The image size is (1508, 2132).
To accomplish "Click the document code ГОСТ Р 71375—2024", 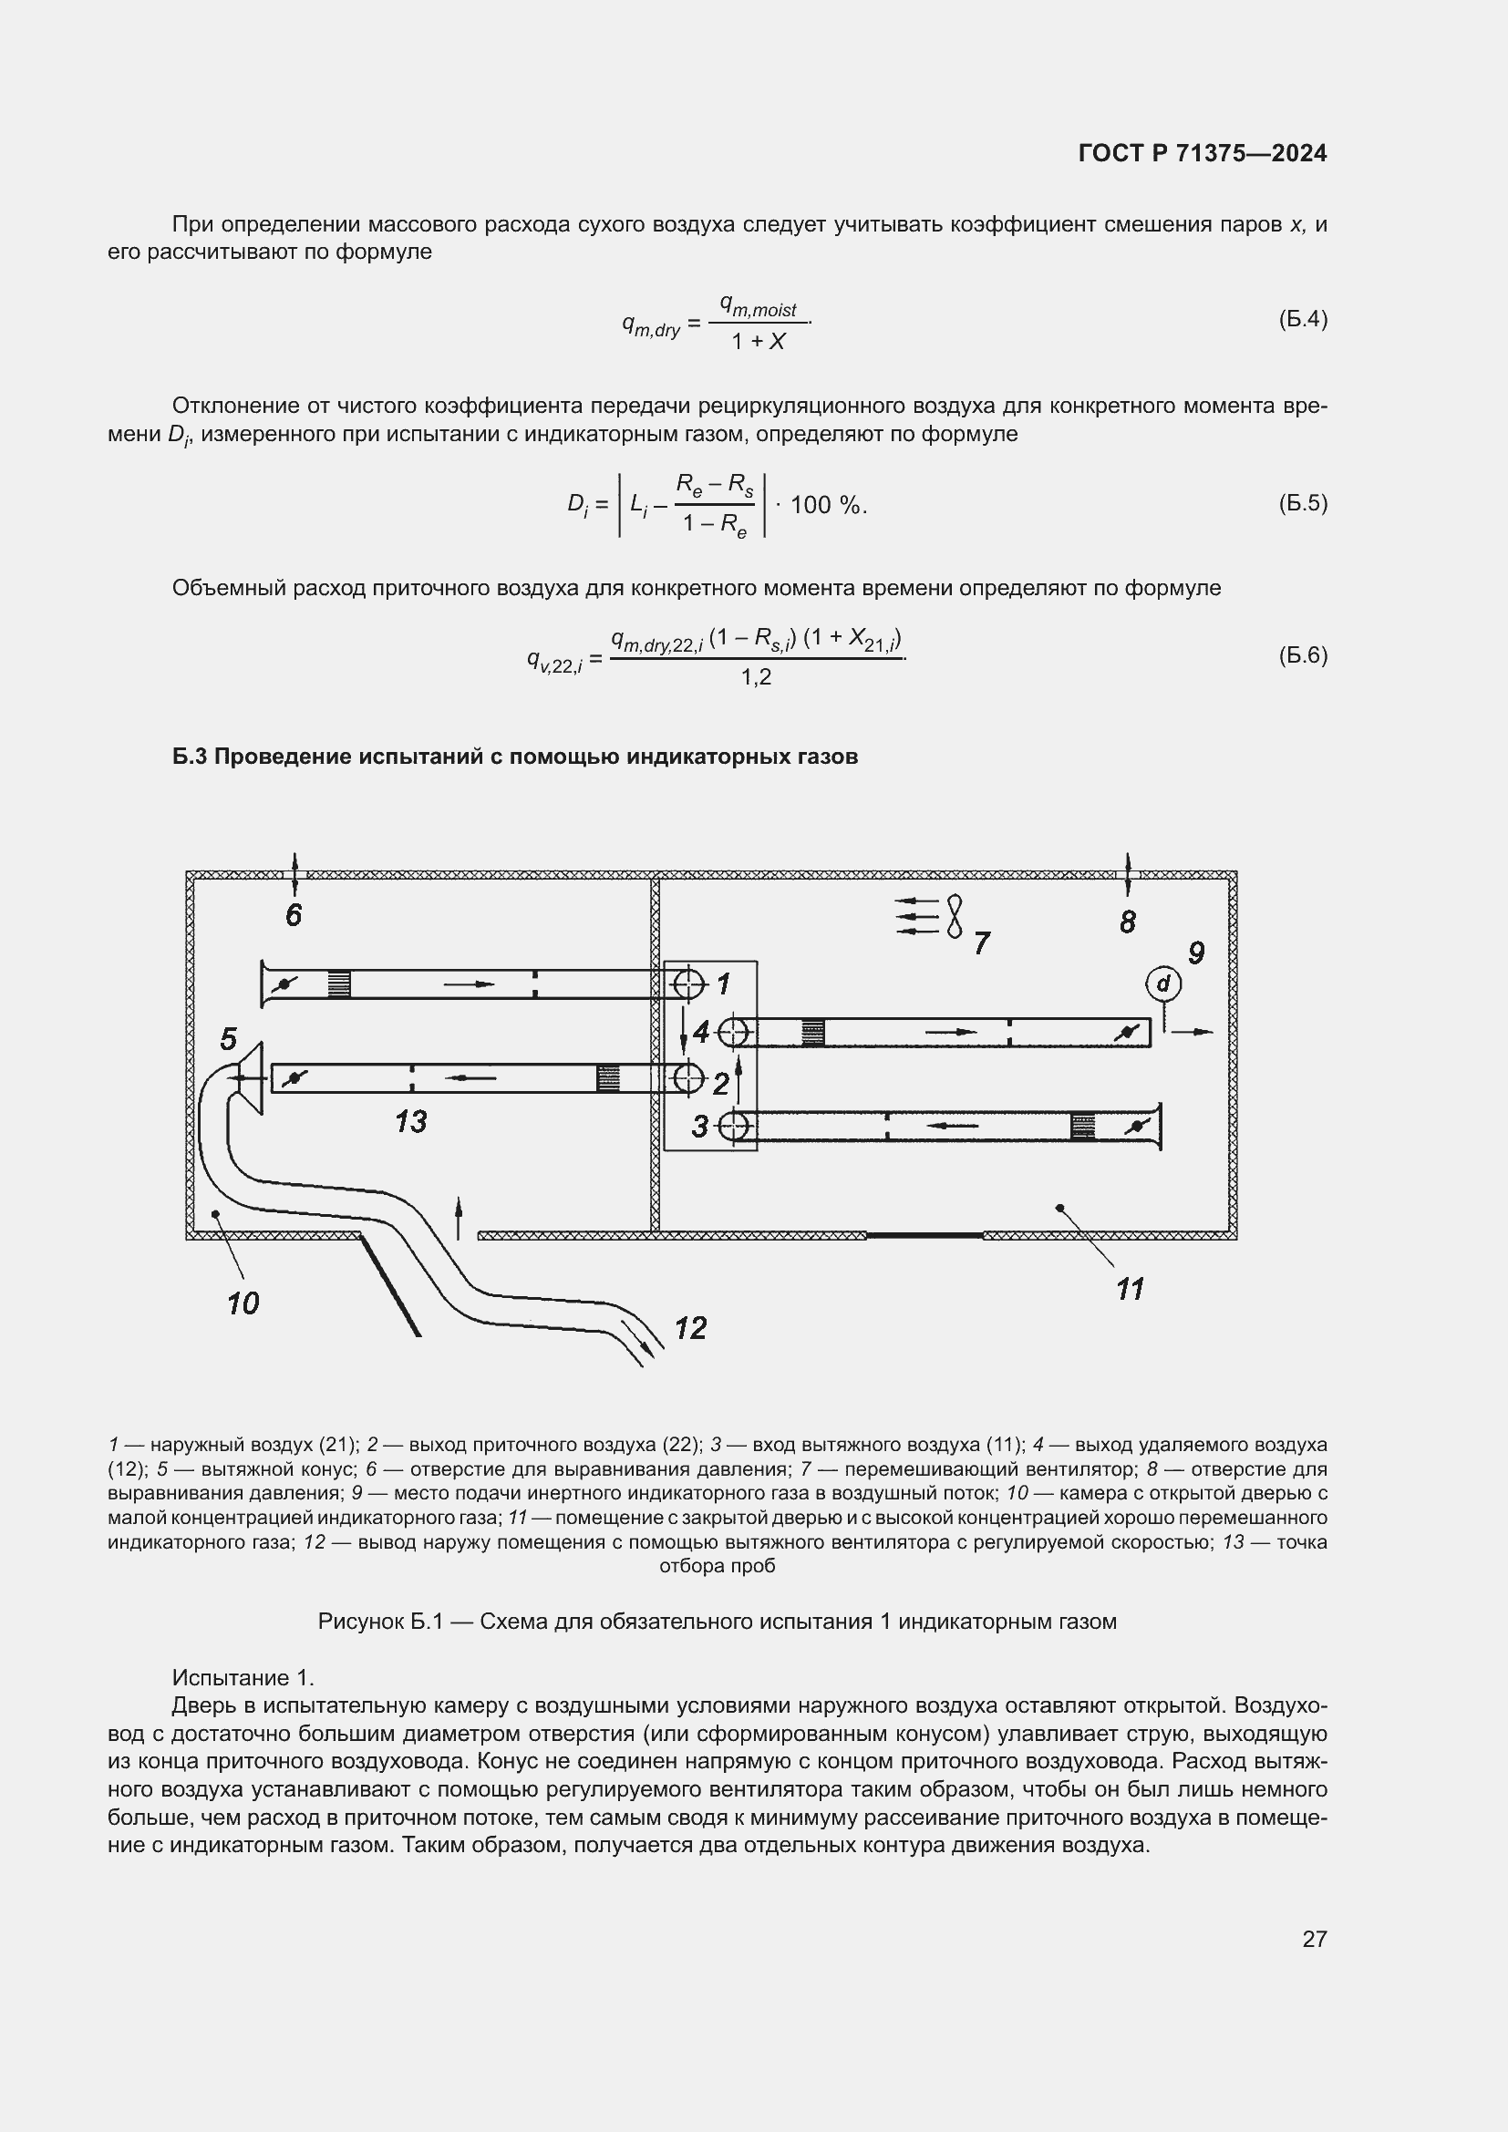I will pyautogui.click(x=1203, y=153).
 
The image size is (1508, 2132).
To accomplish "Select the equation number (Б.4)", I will pyautogui.click(x=1303, y=319).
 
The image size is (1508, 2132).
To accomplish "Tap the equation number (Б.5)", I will pyautogui.click(x=1303, y=503).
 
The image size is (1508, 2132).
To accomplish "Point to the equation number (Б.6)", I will pyautogui.click(x=1303, y=655).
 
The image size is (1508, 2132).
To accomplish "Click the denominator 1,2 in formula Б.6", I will pyautogui.click(x=756, y=678).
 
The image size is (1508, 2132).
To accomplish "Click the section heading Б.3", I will pyautogui.click(x=514, y=757).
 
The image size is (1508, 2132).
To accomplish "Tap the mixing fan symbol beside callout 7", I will pyautogui.click(x=955, y=916).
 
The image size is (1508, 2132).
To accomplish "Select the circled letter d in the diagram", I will pyautogui.click(x=1162, y=983).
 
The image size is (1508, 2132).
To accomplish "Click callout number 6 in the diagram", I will pyautogui.click(x=294, y=915).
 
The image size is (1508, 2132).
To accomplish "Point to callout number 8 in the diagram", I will pyautogui.click(x=1127, y=922).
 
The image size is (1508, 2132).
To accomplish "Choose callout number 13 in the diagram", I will pyautogui.click(x=410, y=1122).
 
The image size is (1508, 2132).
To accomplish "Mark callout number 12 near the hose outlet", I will pyautogui.click(x=690, y=1328).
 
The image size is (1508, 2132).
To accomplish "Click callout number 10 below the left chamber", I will pyautogui.click(x=243, y=1303).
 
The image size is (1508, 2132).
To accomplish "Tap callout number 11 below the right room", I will pyautogui.click(x=1129, y=1289).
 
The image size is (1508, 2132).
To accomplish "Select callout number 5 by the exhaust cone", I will pyautogui.click(x=229, y=1039).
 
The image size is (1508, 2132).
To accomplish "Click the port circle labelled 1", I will pyautogui.click(x=688, y=983).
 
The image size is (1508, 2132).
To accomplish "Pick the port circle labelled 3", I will pyautogui.click(x=734, y=1127).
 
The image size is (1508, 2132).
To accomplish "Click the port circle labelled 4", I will pyautogui.click(x=734, y=1032).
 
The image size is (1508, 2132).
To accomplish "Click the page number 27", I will pyautogui.click(x=1314, y=1939).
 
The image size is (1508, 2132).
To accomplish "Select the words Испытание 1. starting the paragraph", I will pyautogui.click(x=243, y=1678).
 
